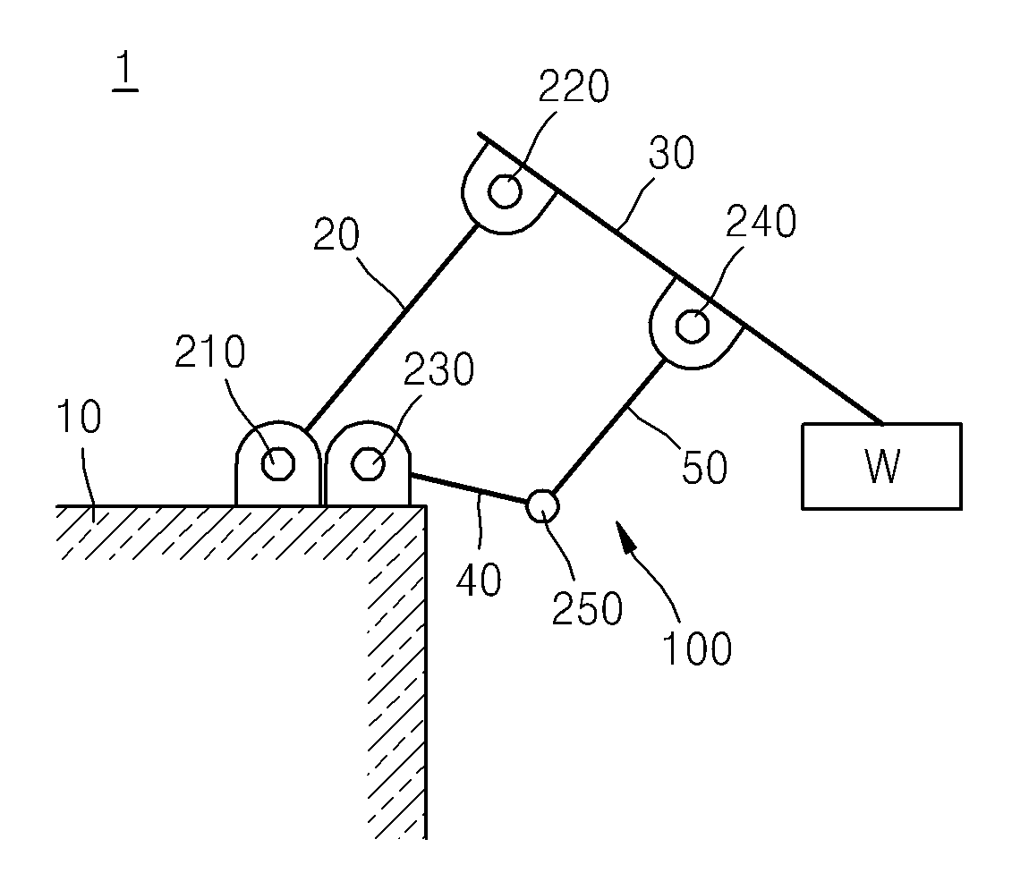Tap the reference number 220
pyautogui.click(x=574, y=86)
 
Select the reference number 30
pyautogui.click(x=672, y=153)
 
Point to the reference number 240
pyautogui.click(x=761, y=221)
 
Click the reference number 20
pyautogui.click(x=336, y=234)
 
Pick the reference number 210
pyautogui.click(x=210, y=352)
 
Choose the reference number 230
pyautogui.click(x=438, y=369)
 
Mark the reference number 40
pyautogui.click(x=479, y=580)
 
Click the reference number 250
pyautogui.click(x=587, y=608)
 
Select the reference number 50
pyautogui.click(x=705, y=467)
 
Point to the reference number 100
pyautogui.click(x=698, y=648)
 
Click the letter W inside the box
pyautogui.click(x=882, y=467)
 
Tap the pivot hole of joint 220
pyautogui.click(x=505, y=191)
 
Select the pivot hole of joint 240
pyautogui.click(x=692, y=326)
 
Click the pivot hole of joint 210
pyautogui.click(x=278, y=463)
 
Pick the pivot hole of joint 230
pyautogui.click(x=369, y=463)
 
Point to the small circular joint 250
pyautogui.click(x=542, y=506)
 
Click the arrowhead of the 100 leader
pyautogui.click(x=624, y=534)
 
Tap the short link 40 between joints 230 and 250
pyautogui.click(x=469, y=488)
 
